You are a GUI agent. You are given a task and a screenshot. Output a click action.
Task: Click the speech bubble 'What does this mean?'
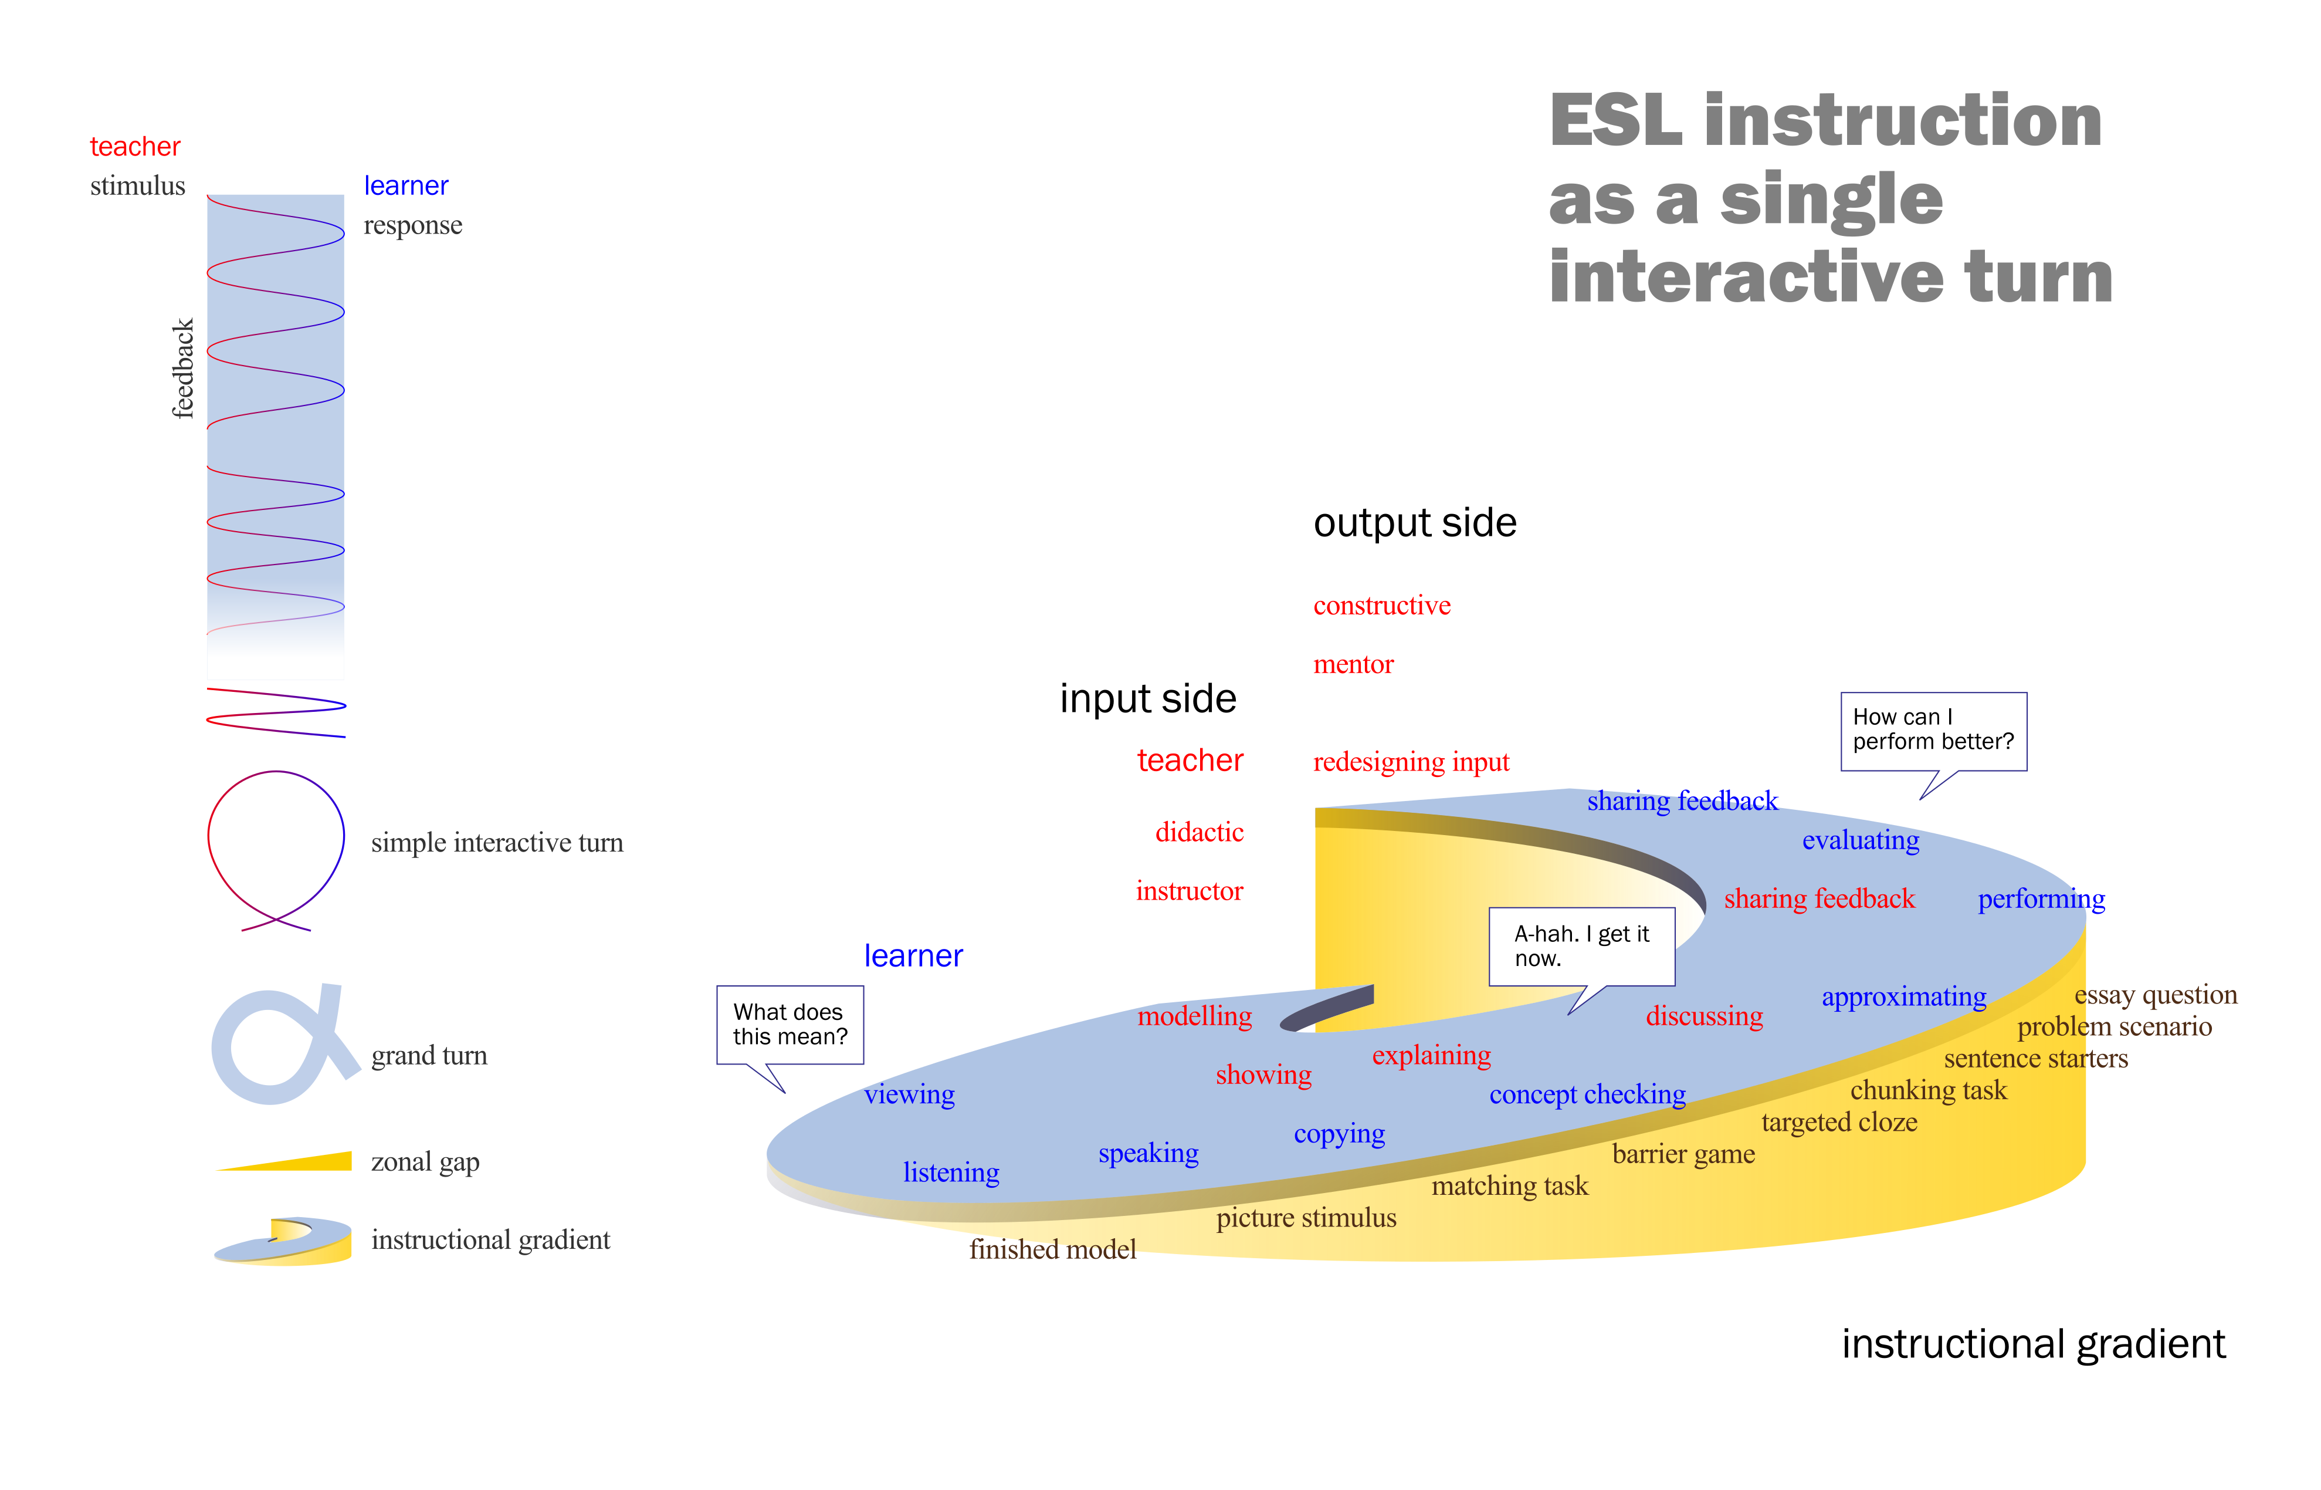pyautogui.click(x=789, y=1025)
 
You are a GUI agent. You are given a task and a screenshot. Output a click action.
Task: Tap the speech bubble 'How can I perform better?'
pyautogui.click(x=1932, y=731)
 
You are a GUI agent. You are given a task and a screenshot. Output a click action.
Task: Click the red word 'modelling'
pyautogui.click(x=1194, y=1016)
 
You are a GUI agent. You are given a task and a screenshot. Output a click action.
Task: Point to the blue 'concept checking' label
pyautogui.click(x=1587, y=1094)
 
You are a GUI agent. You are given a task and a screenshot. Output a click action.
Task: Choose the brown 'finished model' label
pyautogui.click(x=1052, y=1249)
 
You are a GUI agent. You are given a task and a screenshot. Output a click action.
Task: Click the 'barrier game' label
pyautogui.click(x=1683, y=1154)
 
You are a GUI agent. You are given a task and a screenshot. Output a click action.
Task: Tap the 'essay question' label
pyautogui.click(x=2154, y=995)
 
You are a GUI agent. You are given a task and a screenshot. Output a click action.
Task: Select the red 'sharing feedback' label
pyautogui.click(x=1818, y=899)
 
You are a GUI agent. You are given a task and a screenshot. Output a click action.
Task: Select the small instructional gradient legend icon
pyautogui.click(x=282, y=1241)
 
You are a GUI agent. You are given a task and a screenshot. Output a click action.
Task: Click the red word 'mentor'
pyautogui.click(x=1353, y=665)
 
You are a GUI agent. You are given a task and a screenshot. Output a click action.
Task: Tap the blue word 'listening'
pyautogui.click(x=951, y=1173)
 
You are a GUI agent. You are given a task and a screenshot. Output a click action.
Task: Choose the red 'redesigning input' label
pyautogui.click(x=1410, y=762)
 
